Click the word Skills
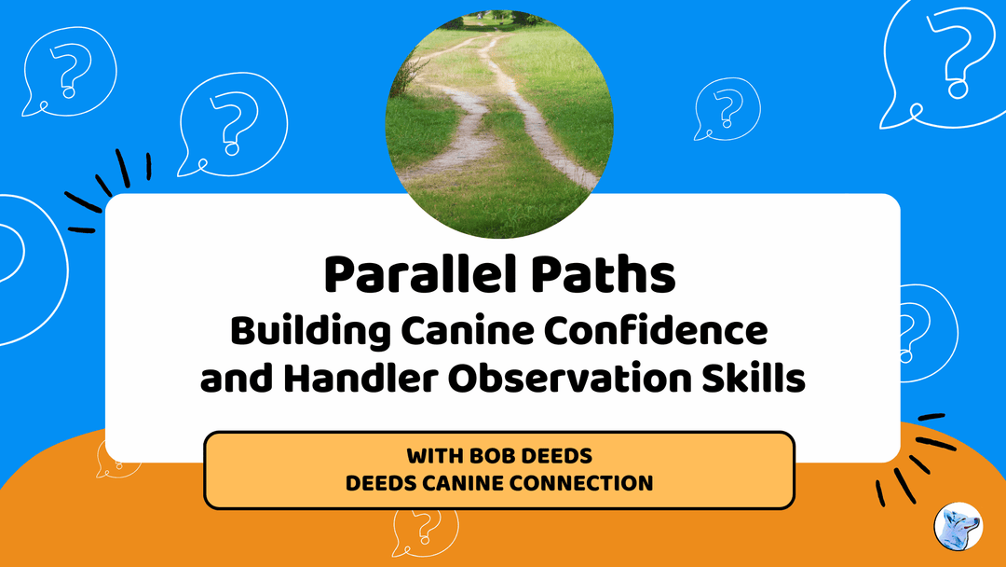point(754,380)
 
